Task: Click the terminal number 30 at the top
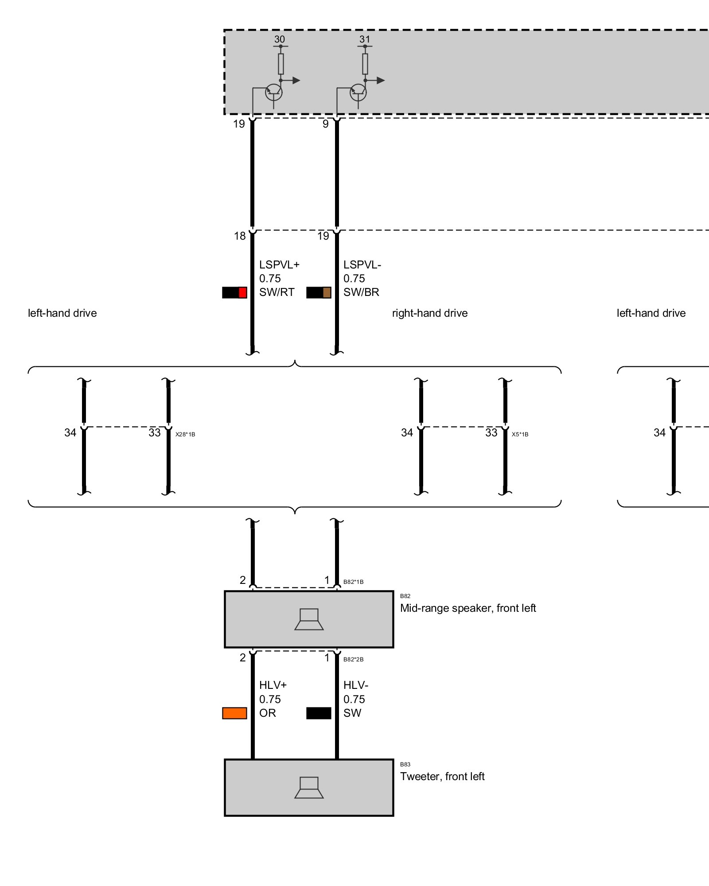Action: (280, 39)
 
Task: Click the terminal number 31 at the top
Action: (365, 39)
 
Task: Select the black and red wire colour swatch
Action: (234, 292)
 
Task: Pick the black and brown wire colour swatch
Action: (319, 292)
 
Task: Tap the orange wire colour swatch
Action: (234, 713)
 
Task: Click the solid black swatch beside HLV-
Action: (319, 713)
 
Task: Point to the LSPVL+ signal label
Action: (279, 264)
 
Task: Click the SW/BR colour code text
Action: (361, 292)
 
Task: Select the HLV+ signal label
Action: (273, 685)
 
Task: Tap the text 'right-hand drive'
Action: (430, 313)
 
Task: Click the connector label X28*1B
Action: (185, 434)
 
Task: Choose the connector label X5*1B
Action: (520, 434)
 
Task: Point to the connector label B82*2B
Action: (353, 659)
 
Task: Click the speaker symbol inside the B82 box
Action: (309, 619)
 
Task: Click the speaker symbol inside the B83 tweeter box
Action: (309, 788)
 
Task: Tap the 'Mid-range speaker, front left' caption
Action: (468, 608)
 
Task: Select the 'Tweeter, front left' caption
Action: (442, 777)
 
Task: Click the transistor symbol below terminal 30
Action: (273, 93)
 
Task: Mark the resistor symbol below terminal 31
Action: (365, 64)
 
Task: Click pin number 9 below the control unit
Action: (326, 124)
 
